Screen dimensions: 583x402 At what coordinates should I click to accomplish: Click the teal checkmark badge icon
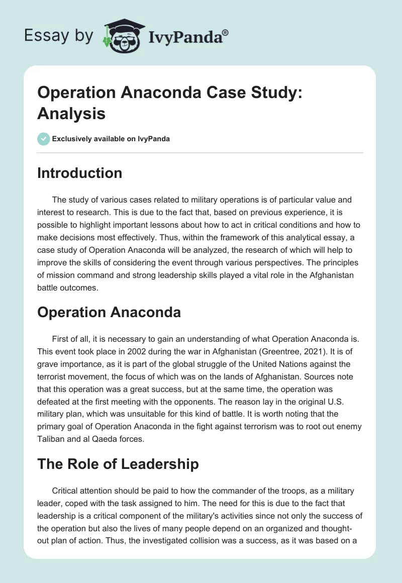[x=44, y=139]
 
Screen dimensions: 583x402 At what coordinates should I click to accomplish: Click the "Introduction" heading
[x=80, y=173]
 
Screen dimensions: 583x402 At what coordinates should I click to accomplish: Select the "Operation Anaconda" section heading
[x=109, y=312]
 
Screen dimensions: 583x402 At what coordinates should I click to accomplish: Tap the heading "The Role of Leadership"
[x=118, y=464]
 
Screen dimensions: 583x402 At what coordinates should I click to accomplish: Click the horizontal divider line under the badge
[x=200, y=152]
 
